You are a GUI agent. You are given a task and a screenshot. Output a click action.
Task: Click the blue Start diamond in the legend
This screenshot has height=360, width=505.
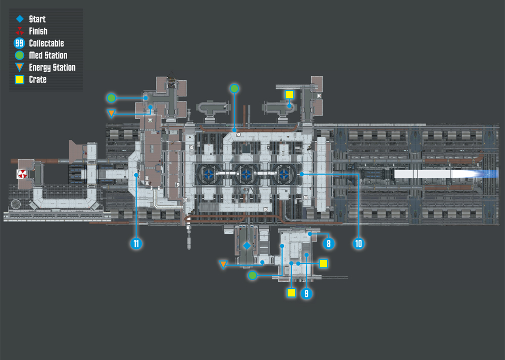pos(20,19)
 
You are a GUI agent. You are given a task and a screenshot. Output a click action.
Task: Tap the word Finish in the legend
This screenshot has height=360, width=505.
pos(38,31)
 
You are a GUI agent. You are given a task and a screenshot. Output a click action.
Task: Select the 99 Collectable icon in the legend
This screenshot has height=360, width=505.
pos(19,43)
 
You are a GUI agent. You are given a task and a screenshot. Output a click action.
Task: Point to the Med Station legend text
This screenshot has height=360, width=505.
pos(48,56)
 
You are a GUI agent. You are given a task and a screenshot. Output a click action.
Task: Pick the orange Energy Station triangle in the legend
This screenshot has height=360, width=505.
pos(20,67)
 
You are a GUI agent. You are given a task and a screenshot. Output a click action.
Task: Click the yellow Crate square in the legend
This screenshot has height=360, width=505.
pos(19,80)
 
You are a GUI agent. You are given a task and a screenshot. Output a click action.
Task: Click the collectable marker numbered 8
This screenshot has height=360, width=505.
pos(329,243)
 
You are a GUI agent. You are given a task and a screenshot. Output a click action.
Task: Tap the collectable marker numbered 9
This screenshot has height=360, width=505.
pos(307,293)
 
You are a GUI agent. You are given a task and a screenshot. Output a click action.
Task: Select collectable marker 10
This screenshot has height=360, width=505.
pos(359,243)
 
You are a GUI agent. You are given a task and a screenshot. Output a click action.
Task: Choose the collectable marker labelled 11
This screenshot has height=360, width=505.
pos(136,243)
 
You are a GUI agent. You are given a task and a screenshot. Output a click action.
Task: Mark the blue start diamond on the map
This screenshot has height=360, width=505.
pos(247,246)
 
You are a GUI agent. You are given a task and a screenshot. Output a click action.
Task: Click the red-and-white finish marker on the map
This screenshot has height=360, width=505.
pos(22,174)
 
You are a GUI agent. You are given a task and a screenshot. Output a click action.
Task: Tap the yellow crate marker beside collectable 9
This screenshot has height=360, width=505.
pos(291,293)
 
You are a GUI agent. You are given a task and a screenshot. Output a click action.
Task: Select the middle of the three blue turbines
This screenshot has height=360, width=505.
pos(246,174)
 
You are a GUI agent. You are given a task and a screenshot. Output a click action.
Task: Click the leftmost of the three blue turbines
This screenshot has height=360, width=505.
pos(209,174)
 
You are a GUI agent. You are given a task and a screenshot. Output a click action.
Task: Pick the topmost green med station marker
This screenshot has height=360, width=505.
pos(234,88)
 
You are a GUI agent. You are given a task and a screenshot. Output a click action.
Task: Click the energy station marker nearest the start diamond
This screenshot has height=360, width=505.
pos(223,265)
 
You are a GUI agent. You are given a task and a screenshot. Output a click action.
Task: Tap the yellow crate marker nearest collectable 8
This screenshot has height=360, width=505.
pos(323,264)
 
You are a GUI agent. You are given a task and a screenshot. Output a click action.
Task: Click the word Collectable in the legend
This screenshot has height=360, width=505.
pos(46,43)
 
